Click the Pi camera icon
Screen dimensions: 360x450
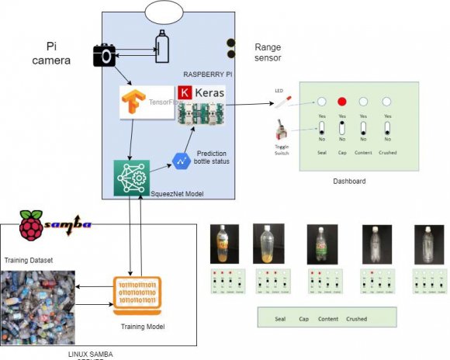[x=104, y=55]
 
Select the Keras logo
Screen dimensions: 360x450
[x=200, y=95]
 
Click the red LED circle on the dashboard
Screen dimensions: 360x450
[x=341, y=102]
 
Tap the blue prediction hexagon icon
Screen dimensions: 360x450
[x=182, y=161]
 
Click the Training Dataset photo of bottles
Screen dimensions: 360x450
[x=37, y=308]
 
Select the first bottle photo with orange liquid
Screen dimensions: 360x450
[x=223, y=244]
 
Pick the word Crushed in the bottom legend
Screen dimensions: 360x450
[x=357, y=319]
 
